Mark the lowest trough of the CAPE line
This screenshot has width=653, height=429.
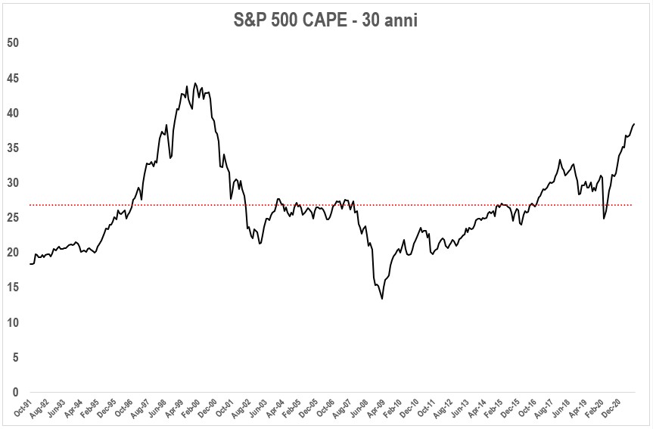tap(382, 299)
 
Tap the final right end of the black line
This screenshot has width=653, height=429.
tap(634, 123)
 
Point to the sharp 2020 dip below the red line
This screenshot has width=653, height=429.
tap(604, 219)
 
